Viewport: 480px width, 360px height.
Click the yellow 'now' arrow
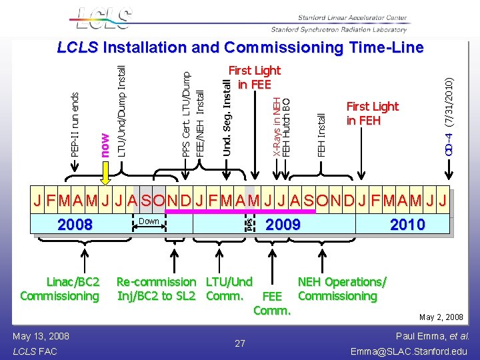pos(105,174)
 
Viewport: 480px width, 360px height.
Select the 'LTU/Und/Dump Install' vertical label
pos(121,111)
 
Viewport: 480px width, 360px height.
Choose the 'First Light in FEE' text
pos(254,77)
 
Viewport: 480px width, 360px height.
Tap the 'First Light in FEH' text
pos(372,113)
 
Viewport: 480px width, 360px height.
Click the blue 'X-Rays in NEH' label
pos(277,127)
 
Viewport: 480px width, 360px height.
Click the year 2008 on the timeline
pos(75,225)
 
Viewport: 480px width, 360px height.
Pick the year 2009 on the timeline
pos(283,225)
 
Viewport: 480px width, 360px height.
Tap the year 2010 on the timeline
pos(407,225)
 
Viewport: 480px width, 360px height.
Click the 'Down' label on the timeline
pos(149,221)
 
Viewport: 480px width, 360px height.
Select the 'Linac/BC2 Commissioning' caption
pos(59,289)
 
